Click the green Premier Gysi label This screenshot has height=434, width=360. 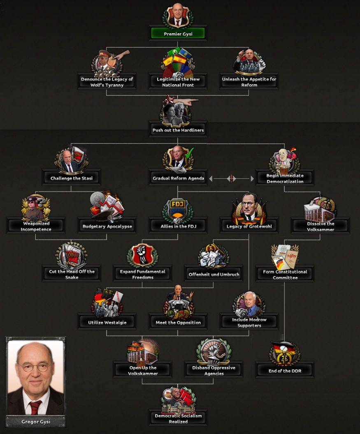178,33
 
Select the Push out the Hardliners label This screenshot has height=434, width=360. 178,130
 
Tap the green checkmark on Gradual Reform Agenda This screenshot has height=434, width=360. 189,153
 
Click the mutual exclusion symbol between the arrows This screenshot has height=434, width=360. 231,178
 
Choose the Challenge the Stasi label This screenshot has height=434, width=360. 72,178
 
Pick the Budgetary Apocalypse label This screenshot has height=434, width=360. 107,226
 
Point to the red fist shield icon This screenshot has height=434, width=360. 143,255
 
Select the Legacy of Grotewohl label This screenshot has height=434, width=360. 249,226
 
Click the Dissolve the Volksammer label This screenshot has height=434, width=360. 321,226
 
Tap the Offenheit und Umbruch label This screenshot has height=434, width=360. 214,274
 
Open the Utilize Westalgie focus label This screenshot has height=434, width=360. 107,322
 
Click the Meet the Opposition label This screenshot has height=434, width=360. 178,322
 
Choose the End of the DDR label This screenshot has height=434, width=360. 285,371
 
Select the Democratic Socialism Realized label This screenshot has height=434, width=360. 178,418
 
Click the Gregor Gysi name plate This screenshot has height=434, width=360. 36,422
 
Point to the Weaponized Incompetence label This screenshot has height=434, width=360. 36,226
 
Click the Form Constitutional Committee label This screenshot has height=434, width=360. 285,274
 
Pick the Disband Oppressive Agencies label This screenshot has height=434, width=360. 214,370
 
